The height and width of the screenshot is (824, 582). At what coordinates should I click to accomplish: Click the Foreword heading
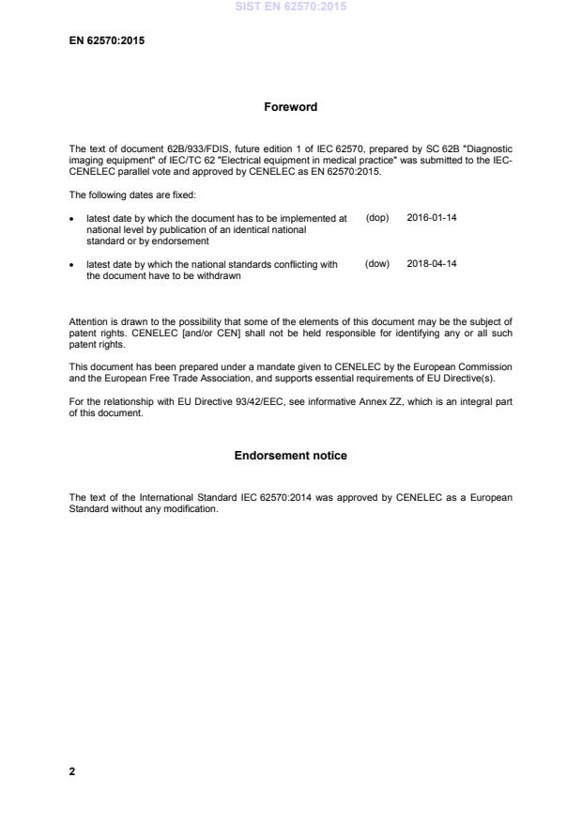tap(290, 107)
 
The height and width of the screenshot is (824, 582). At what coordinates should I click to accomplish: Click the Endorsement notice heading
tap(290, 456)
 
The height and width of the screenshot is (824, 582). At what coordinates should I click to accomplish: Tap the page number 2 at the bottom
tap(72, 771)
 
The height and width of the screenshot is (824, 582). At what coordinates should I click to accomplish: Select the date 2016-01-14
tap(432, 218)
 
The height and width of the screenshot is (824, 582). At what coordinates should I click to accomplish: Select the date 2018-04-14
tap(432, 265)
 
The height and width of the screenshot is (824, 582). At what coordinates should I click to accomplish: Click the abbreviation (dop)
tap(377, 218)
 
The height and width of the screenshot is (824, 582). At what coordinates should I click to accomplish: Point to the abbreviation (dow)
tap(377, 265)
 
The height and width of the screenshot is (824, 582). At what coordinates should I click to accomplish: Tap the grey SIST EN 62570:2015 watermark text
tap(290, 7)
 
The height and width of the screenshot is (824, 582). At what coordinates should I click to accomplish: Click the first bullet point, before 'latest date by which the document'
tap(73, 219)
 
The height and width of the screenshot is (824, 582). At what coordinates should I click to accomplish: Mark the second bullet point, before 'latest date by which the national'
tap(73, 266)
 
